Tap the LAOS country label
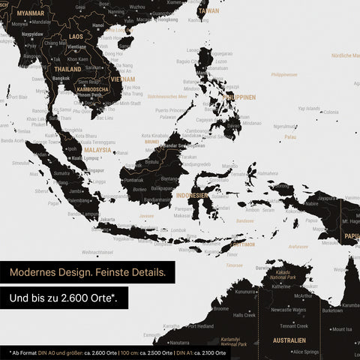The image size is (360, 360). [x=76, y=35]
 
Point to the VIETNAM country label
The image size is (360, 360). [x=122, y=79]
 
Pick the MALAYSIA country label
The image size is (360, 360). [x=97, y=150]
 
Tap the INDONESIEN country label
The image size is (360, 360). [x=192, y=195]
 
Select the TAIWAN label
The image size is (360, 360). [x=209, y=11]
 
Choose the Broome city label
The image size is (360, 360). [x=221, y=308]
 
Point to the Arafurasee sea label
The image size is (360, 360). [x=298, y=246]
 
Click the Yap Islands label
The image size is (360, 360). [x=309, y=108]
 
